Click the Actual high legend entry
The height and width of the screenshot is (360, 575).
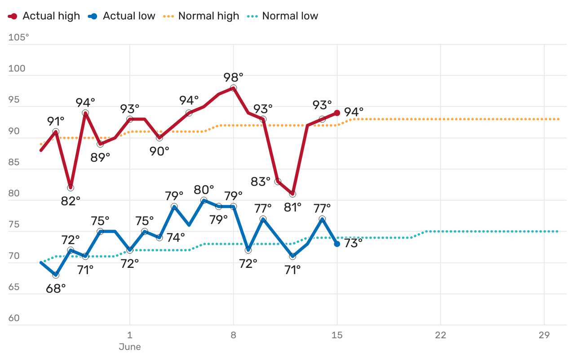[44, 16]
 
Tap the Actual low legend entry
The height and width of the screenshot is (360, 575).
[122, 16]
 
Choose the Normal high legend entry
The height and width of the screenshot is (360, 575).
[201, 16]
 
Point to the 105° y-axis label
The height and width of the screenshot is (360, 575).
[18, 37]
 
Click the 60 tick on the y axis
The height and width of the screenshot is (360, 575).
[14, 318]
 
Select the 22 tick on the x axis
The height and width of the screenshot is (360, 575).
[440, 335]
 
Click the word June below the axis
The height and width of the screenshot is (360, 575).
[129, 347]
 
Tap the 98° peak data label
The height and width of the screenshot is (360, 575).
[234, 77]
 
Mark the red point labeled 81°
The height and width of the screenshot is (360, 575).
[293, 194]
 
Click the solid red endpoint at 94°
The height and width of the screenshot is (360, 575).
[337, 113]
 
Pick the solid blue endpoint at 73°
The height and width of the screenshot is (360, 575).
[337, 244]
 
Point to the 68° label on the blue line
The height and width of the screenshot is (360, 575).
[56, 289]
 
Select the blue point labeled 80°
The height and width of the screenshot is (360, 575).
[204, 200]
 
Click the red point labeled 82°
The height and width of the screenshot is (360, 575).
[71, 188]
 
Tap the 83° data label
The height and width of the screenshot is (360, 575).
[261, 182]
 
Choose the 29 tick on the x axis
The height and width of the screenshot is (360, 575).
[544, 335]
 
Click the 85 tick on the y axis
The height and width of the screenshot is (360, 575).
[14, 162]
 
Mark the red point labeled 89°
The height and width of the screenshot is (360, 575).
[100, 144]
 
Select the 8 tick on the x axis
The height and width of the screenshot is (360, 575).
[234, 335]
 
